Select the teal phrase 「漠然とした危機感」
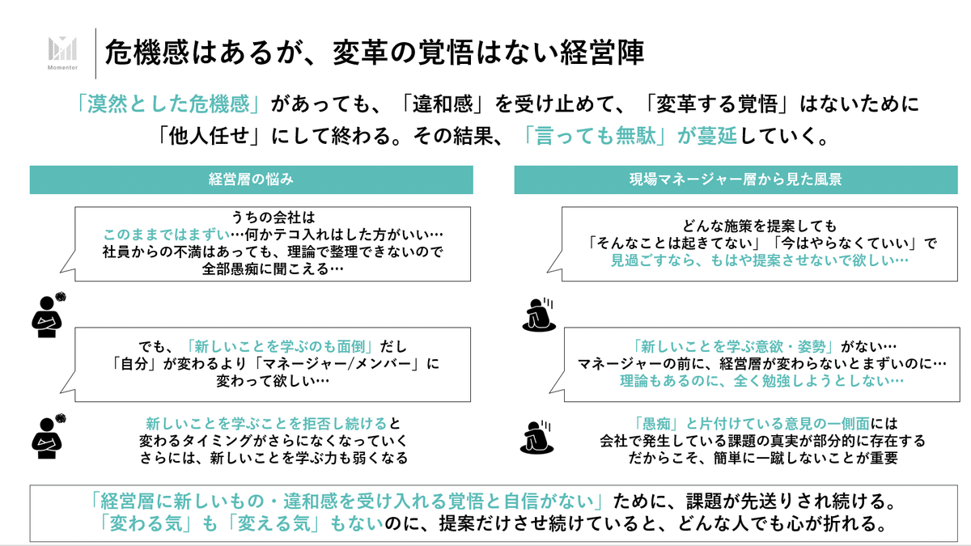click(x=167, y=105)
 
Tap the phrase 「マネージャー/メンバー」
click(x=363, y=364)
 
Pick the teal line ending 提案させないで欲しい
click(x=759, y=260)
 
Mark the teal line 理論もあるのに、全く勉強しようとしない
click(x=760, y=380)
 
